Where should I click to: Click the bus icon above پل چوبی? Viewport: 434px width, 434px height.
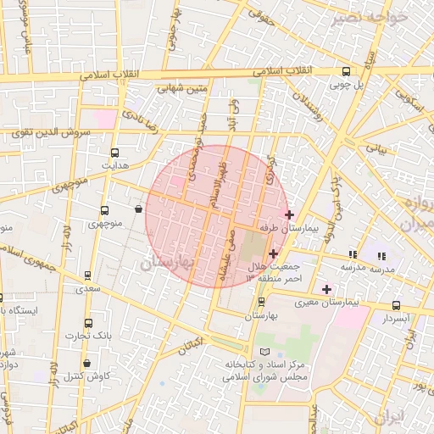pos(347,73)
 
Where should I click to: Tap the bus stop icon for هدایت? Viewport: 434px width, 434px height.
pos(114,154)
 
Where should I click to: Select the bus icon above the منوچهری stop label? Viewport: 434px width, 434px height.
pos(105,210)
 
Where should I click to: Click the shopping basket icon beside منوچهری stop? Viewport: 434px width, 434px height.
pos(138,209)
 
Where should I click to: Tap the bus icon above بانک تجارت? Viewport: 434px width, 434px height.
pos(89,324)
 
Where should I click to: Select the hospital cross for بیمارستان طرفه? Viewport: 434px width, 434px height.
pos(290,214)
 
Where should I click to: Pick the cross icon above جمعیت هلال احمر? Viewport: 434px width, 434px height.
pos(273,253)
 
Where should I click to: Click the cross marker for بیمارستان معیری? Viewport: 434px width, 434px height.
pos(326,289)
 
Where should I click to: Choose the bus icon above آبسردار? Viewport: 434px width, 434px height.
pos(396,305)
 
